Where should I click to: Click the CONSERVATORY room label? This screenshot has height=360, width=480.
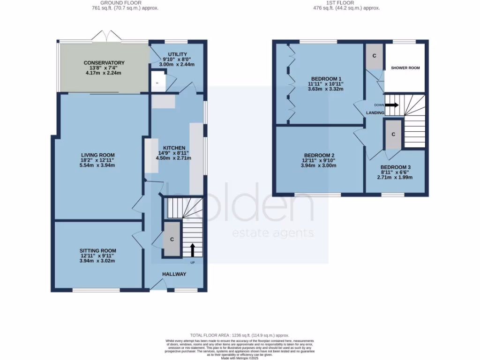[x=104, y=63]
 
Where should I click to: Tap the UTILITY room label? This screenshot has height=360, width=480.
[x=177, y=55]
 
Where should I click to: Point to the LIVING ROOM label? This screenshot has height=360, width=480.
[x=97, y=155]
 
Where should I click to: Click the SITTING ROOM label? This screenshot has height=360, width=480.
[x=97, y=251]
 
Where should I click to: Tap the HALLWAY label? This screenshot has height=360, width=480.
[x=174, y=274]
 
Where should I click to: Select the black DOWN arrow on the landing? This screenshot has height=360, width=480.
[x=392, y=105]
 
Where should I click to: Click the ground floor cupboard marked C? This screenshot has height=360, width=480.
[x=172, y=240]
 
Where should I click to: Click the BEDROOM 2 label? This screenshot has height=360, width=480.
[x=319, y=156]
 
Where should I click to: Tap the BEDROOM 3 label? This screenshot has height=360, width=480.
[x=395, y=167]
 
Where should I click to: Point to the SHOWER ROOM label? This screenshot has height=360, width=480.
[x=405, y=68]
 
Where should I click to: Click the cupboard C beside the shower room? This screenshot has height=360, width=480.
[x=374, y=56]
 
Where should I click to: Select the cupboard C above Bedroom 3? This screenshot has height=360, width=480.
[x=393, y=134]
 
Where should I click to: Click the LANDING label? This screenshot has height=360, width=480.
[x=375, y=113]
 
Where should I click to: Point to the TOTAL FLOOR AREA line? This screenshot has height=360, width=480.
[x=240, y=336]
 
